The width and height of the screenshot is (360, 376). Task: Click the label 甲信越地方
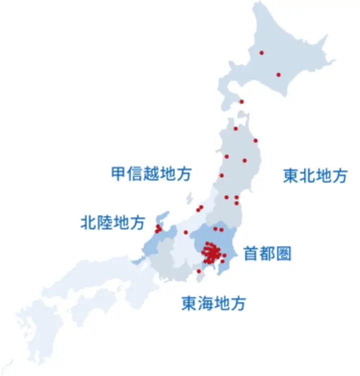pos(151,174)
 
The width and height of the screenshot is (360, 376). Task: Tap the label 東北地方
pos(315,176)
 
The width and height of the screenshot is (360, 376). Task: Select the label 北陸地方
pos(113,222)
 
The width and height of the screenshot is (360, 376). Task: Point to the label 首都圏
pos(267,254)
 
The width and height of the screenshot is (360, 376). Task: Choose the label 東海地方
pos(213,303)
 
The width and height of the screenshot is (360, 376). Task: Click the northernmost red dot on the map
pos(261,52)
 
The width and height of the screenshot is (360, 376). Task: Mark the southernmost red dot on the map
pos(199,271)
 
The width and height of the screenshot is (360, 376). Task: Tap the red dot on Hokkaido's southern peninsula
pos(242,101)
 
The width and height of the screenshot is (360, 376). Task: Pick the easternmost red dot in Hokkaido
pos(278,75)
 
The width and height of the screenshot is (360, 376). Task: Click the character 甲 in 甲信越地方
pos(119,174)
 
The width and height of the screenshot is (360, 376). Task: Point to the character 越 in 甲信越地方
pos(151,174)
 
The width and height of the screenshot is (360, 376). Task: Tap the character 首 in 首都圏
pos(251,254)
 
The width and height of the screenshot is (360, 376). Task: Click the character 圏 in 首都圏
pos(283,254)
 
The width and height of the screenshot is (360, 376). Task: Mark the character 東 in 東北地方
pos(291,176)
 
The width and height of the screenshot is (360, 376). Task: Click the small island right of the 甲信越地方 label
pos(190,198)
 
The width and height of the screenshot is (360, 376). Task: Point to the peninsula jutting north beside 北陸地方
pos(161,219)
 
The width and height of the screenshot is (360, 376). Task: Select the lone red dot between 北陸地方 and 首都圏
pos(186,232)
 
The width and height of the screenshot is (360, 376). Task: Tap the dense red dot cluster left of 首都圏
pos(212,253)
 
